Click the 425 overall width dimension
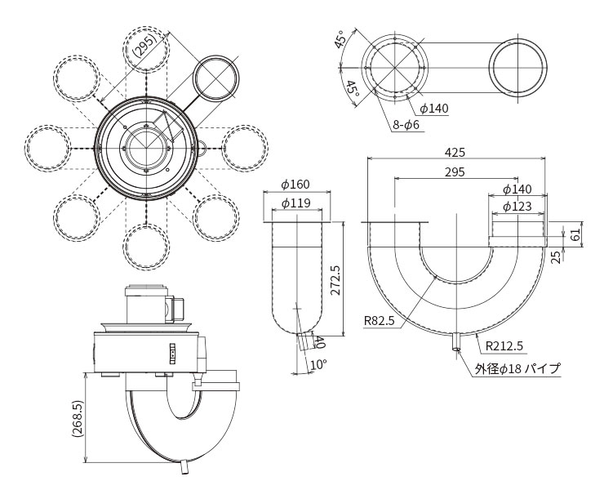pos(455,152)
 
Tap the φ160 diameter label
pos(295,185)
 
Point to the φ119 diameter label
pos(295,203)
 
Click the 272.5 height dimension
pos(335,280)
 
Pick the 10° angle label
pos(318,364)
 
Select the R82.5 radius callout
pos(380,320)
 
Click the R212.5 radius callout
pos(504,345)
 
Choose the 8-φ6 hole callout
pos(406,124)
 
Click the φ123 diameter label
pos(517,207)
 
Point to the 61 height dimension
pos(575,234)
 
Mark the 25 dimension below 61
pos(556,257)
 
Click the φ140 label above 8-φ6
pos(434,109)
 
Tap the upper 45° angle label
pos(340,38)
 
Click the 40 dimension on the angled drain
pos(318,342)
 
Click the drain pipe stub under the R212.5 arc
pos(455,341)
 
